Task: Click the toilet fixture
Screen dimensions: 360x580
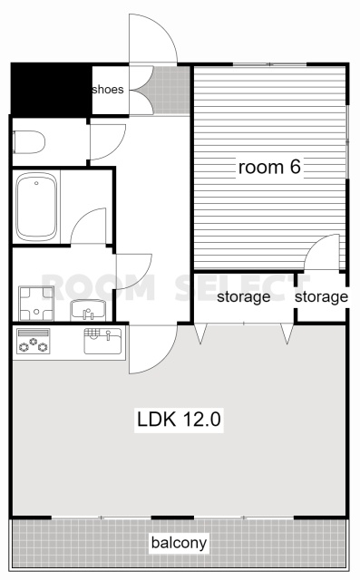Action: coord(29,141)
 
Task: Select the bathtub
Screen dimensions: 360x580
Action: coord(36,207)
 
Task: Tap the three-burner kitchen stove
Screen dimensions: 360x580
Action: coord(34,341)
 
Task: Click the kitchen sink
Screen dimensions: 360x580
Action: coord(102,341)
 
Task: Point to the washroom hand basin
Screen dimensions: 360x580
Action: coord(88,310)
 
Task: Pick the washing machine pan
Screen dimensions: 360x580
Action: coord(36,304)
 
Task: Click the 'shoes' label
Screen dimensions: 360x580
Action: coord(108,90)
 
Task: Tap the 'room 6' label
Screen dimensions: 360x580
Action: coord(269,167)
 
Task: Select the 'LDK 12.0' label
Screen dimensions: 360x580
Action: coord(179,420)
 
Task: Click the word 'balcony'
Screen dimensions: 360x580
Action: coord(179,543)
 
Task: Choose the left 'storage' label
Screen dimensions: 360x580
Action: coord(243,296)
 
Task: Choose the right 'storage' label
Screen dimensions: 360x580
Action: coord(321,296)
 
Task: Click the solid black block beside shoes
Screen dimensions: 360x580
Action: coord(52,89)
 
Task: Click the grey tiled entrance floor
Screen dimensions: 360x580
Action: coord(171,91)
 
